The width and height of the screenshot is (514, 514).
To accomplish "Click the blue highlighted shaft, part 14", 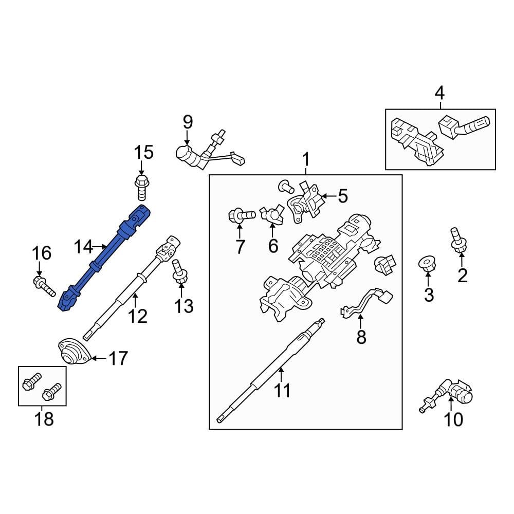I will pos(105,257).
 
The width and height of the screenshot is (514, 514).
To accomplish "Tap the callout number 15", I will pos(144,153).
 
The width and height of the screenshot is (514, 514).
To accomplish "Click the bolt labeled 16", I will pos(44,285).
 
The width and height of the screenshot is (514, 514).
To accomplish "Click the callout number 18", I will pos(44,419).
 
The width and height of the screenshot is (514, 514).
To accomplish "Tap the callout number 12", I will pos(137,316).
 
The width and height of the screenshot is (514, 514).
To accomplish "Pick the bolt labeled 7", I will pos(241,214).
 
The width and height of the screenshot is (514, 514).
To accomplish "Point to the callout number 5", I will pos(343,196).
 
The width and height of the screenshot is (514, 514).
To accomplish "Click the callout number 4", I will pos(439,93).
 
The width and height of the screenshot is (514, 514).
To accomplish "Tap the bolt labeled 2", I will pos(456,240).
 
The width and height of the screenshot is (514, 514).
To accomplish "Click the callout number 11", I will pos(282,391).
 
